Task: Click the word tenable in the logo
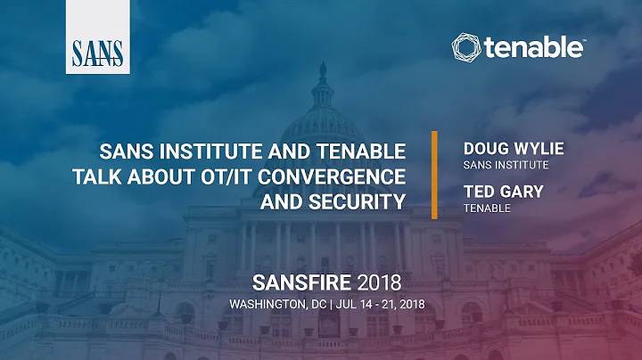pos(535,48)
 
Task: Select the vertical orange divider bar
pos(434,175)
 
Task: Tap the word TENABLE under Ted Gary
pos(486,208)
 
